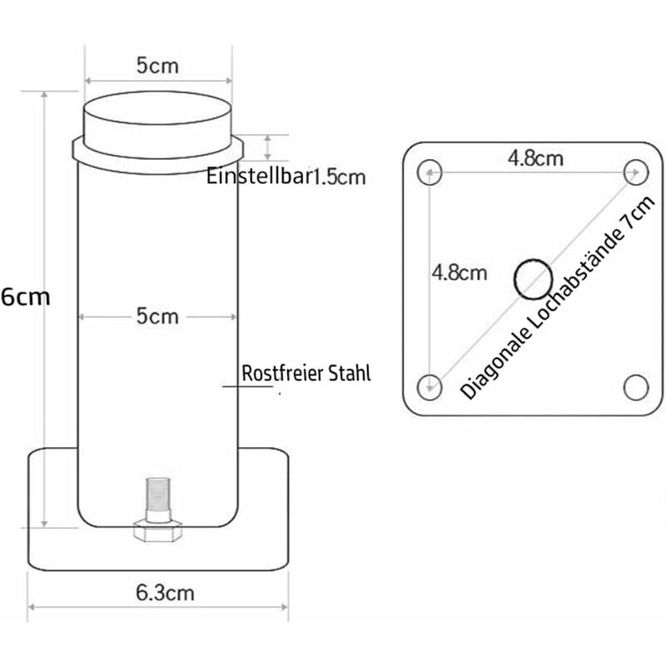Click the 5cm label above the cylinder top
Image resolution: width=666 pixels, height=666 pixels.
(157, 65)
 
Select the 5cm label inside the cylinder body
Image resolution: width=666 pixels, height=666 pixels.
(157, 316)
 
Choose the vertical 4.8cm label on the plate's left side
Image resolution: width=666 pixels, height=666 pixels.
(458, 272)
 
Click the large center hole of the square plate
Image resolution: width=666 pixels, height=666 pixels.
(533, 278)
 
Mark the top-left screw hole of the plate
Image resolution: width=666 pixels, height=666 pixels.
(430, 171)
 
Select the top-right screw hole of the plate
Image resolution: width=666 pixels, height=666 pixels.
(636, 171)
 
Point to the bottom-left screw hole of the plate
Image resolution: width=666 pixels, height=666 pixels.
(430, 385)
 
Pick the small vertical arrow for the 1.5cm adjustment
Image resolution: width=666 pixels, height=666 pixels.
(268, 147)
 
